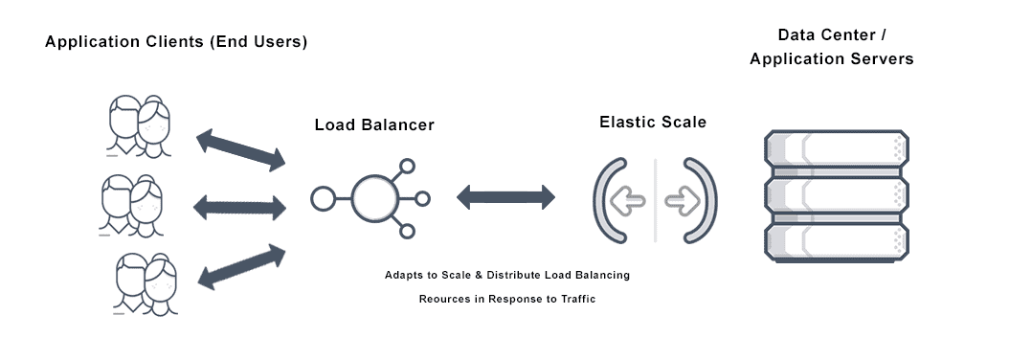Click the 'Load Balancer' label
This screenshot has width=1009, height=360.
[374, 125]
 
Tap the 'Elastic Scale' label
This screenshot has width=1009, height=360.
[654, 122]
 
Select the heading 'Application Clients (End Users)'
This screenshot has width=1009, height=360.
[176, 43]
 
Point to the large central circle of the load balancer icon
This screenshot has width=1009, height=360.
[373, 199]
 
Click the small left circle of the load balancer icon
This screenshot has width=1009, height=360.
[323, 199]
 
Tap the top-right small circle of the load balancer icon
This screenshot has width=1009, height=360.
[407, 168]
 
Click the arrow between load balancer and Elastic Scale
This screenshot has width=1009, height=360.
[505, 198]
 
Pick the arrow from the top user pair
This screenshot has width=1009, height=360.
[240, 149]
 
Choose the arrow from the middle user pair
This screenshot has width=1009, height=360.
[240, 205]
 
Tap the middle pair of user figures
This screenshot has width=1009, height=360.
[132, 204]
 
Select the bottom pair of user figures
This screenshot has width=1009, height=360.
[140, 281]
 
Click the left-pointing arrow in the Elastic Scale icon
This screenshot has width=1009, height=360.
[629, 202]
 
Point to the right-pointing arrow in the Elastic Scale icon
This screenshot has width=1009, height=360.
[682, 202]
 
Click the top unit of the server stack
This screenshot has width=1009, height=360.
[835, 150]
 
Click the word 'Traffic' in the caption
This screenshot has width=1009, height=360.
[574, 300]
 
